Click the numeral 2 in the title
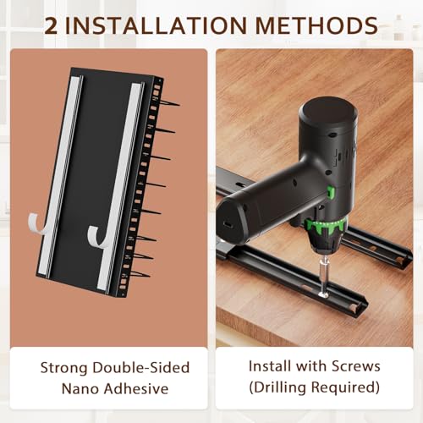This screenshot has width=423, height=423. (51, 25)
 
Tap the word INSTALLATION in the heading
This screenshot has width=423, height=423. (156, 25)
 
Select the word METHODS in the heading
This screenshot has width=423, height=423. (316, 25)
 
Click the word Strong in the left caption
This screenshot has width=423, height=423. (63, 368)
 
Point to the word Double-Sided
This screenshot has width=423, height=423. (141, 367)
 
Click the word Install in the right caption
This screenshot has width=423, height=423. (270, 366)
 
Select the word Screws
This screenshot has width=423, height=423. (356, 366)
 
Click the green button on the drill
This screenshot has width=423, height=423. (331, 192)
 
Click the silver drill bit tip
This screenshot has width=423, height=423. (324, 294)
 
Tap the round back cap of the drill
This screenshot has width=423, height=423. (328, 113)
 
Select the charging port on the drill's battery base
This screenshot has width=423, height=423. (228, 224)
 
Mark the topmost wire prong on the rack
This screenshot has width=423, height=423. (168, 103)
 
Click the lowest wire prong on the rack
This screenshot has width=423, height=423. (140, 274)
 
